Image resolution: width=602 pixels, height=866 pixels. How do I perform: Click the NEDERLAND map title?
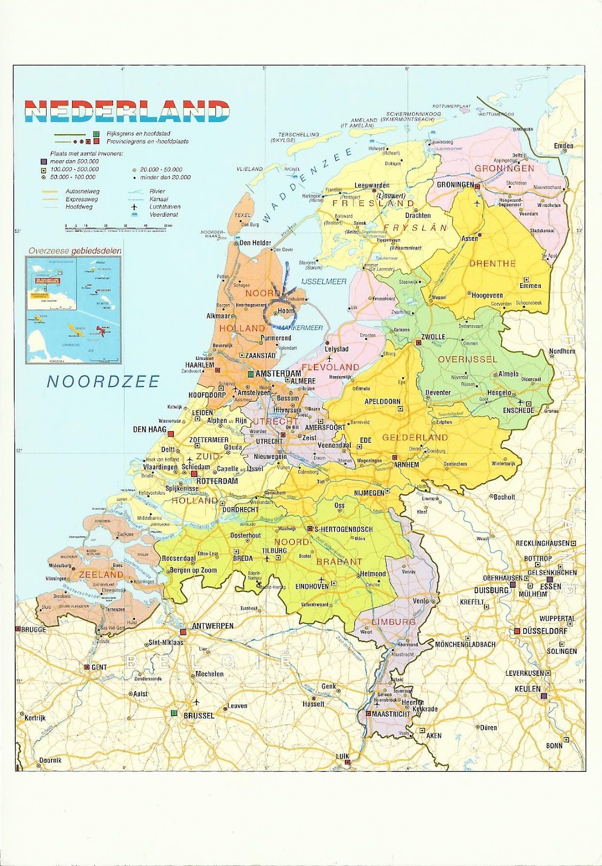127,111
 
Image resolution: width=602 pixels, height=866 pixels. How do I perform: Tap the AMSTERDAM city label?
278,374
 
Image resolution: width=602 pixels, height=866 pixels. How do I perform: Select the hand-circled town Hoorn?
285,311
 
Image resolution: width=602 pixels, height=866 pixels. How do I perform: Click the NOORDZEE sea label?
103,382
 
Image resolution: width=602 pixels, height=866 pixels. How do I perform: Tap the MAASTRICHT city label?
391,714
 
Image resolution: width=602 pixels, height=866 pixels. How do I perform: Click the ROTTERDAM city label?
217,481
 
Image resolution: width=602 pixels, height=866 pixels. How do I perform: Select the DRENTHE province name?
492,264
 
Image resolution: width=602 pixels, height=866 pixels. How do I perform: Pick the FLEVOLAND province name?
330,367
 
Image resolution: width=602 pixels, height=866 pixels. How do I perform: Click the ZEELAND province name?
101,574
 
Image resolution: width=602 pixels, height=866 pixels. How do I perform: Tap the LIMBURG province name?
394,622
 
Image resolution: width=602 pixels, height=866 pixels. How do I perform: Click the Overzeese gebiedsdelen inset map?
74,310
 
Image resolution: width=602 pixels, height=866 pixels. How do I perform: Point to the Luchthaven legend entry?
165,207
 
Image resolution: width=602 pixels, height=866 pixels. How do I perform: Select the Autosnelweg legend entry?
82,191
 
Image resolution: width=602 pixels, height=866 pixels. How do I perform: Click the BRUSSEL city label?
199,715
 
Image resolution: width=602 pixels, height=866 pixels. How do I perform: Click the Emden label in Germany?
563,146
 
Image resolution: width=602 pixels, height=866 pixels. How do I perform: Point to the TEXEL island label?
243,215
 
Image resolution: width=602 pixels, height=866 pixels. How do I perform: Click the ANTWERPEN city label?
212,626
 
